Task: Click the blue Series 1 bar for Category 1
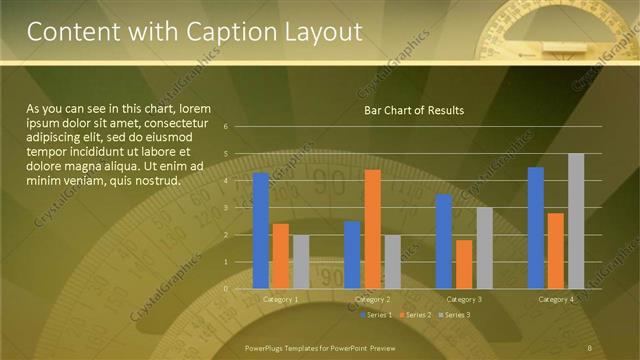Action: tap(261, 231)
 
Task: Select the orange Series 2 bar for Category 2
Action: tap(372, 229)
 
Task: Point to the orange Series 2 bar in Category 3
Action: tap(464, 264)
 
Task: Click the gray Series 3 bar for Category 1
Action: tap(301, 262)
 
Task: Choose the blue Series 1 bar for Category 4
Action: tap(536, 228)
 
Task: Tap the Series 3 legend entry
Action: tap(453, 315)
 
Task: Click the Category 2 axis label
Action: tap(372, 299)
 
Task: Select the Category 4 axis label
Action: tap(556, 299)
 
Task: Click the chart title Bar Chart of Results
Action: tap(414, 110)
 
